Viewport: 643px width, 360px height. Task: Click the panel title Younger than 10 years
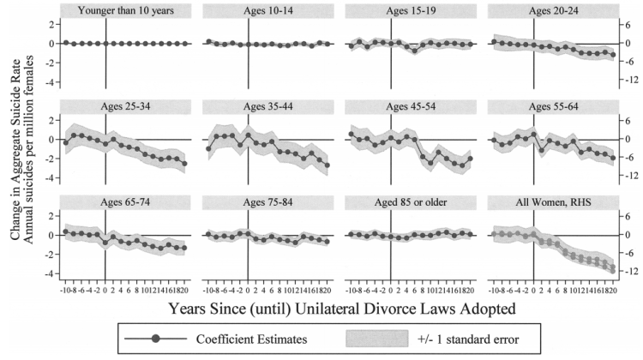pos(124,11)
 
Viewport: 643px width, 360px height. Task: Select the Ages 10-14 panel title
pos(248,11)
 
